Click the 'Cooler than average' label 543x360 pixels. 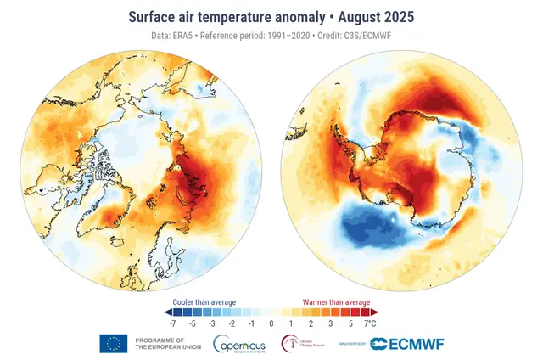pos(204,301)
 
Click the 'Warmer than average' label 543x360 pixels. pos(337,301)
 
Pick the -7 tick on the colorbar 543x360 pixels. pos(174,323)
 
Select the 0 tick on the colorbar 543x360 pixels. pos(271,323)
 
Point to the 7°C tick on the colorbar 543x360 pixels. pos(370,323)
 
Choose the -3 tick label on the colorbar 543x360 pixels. pos(213,323)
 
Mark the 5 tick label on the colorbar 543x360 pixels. pos(350,323)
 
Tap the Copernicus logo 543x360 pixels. pos(241,344)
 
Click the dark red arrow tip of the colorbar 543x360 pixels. pos(375,312)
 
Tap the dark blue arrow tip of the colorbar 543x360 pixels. pos(168,312)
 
